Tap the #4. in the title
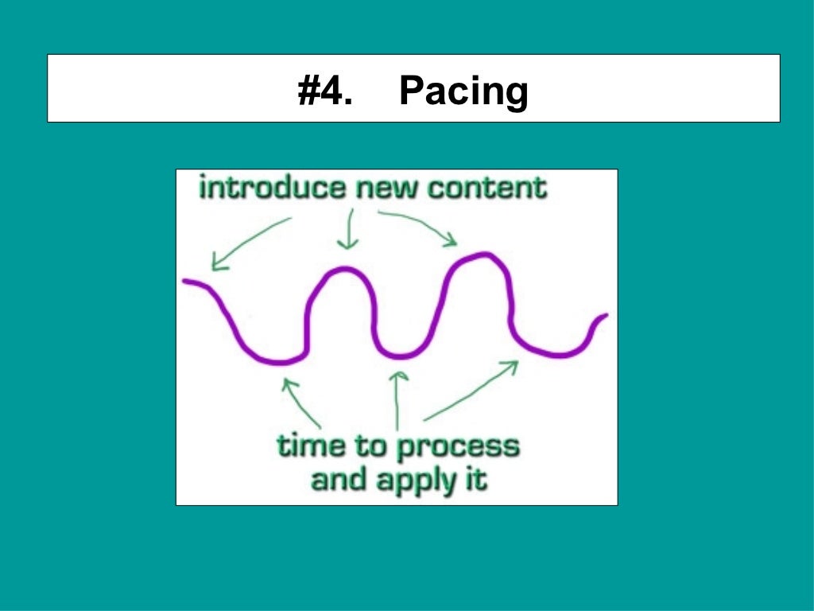point(324,91)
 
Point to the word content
point(486,189)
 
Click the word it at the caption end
point(475,480)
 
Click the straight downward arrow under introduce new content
point(347,230)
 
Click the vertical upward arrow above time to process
point(397,398)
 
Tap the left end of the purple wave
point(185,282)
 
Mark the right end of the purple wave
point(605,316)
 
